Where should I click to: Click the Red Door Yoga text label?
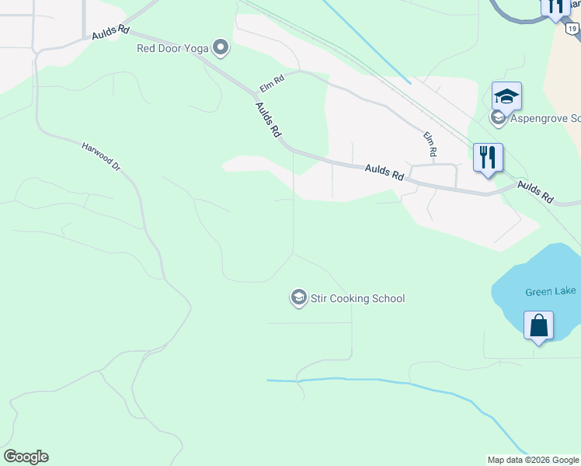click(172, 48)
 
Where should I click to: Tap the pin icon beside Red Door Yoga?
click(221, 49)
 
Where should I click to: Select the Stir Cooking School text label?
click(357, 298)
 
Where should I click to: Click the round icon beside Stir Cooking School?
click(298, 298)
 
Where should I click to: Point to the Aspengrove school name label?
click(544, 118)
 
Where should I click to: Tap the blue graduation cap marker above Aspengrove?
click(506, 97)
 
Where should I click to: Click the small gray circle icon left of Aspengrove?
click(498, 118)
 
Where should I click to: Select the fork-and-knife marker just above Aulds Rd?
click(488, 158)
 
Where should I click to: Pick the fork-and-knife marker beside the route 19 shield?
click(555, 6)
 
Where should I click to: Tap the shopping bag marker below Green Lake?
click(538, 326)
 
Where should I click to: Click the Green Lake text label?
click(550, 291)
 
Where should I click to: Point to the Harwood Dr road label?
click(102, 156)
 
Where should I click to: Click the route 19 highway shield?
click(572, 28)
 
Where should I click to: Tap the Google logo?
click(26, 457)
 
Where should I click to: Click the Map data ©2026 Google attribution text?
click(533, 460)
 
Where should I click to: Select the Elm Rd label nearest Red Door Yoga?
click(273, 78)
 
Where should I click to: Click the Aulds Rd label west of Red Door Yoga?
click(110, 35)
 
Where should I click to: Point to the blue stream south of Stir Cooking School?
click(365, 381)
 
